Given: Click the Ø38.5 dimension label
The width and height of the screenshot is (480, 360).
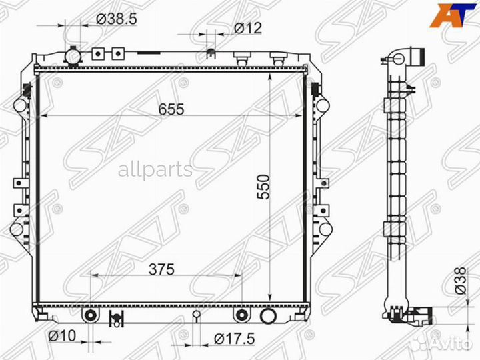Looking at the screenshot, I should tap(117, 19).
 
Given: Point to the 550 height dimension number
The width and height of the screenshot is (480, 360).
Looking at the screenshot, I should tap(261, 188).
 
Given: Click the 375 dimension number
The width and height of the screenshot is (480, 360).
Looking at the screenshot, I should tap(161, 269).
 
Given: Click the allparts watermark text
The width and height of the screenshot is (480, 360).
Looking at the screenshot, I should tap(155, 170).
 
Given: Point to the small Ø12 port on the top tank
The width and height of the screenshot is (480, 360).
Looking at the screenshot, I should tap(211, 53).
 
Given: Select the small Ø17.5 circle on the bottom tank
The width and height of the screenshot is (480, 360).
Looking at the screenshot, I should tap(196, 315).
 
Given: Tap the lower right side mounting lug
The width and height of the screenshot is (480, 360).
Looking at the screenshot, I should tap(325, 229).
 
